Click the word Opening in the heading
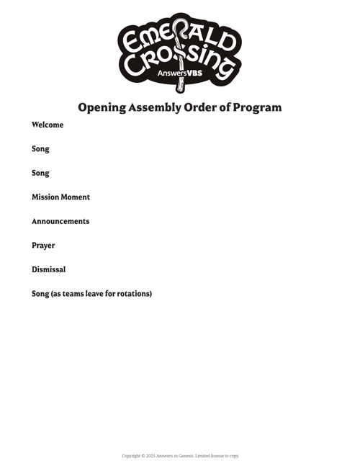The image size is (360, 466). click(102, 107)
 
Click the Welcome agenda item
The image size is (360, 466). click(48, 125)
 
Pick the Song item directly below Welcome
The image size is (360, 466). click(40, 149)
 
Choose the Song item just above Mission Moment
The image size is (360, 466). click(40, 174)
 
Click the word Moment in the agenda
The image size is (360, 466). click(76, 197)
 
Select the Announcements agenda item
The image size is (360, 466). click(60, 221)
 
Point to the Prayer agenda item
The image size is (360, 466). click(43, 246)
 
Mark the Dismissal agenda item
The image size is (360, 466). click(48, 269)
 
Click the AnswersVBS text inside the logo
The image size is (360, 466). click(180, 73)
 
